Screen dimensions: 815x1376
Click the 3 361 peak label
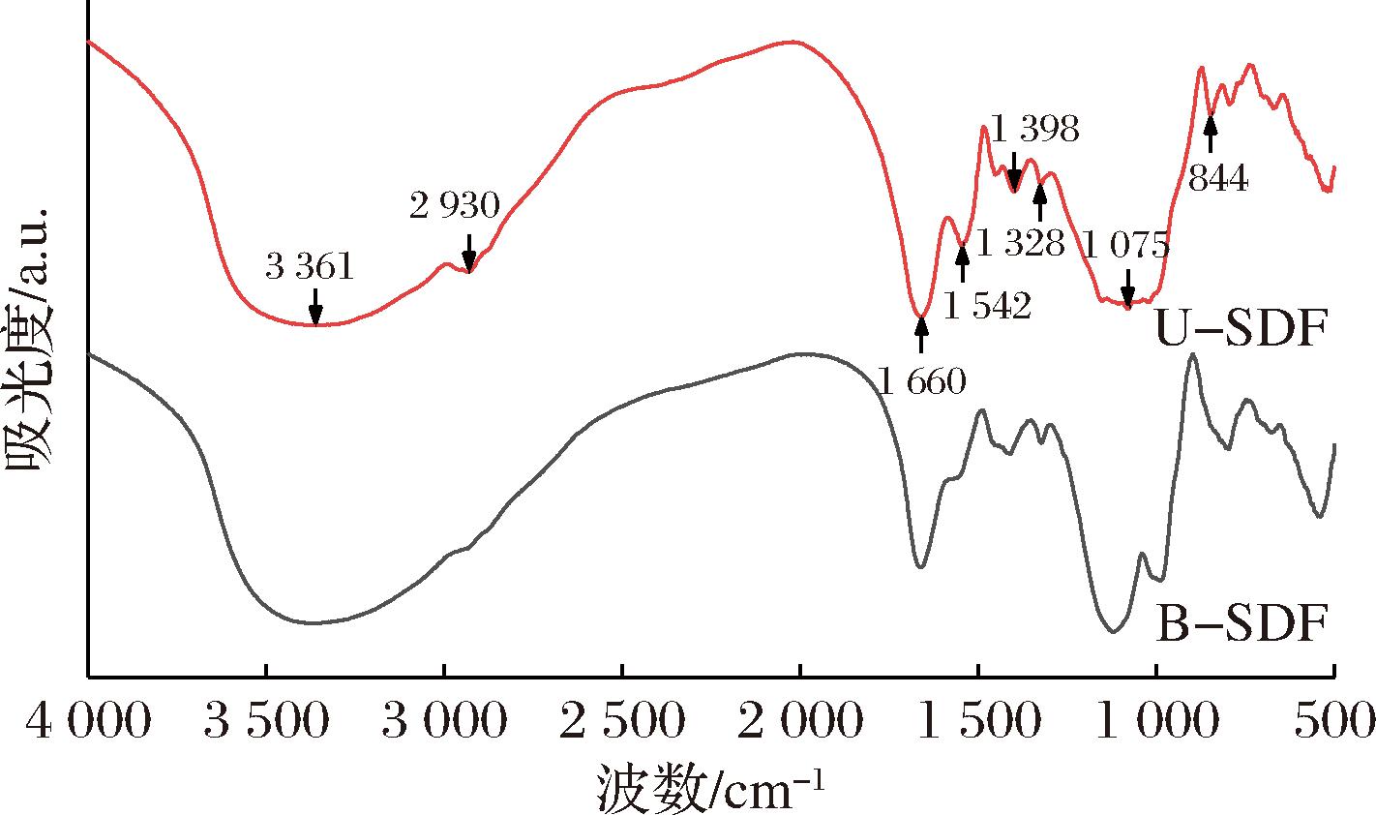pos(310,267)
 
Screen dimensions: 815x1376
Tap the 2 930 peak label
pos(455,205)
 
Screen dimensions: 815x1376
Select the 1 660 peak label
pos(922,381)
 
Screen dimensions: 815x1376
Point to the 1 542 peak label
pos(986,307)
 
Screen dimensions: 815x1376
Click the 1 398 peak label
pos(1034,129)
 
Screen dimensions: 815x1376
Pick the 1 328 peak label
pos(1021,242)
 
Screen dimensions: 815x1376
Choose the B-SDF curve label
pos(1240,624)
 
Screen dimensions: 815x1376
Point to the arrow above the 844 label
pos(1210,133)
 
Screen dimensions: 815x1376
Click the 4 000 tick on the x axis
pos(88,722)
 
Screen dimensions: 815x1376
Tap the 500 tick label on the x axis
pos(1334,722)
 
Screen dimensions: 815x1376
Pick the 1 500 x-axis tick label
pos(978,722)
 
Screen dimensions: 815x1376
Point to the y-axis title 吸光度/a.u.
pos(30,338)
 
